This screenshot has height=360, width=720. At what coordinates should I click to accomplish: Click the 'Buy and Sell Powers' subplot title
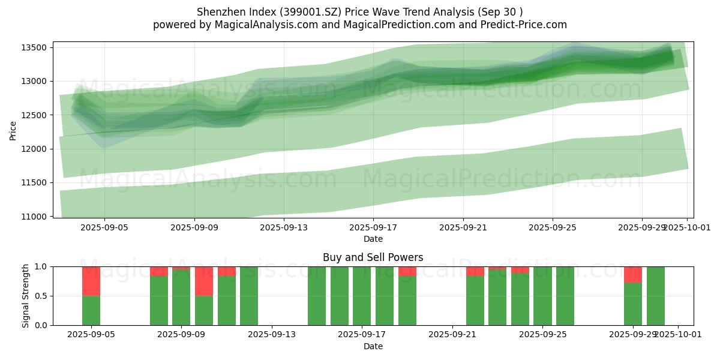[373, 257]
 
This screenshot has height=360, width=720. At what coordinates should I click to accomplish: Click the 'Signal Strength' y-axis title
[25, 296]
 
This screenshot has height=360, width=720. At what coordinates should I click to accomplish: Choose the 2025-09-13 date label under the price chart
[284, 228]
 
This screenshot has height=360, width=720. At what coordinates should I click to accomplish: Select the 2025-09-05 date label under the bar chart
[91, 335]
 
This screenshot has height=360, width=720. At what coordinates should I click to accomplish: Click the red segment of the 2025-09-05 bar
[91, 281]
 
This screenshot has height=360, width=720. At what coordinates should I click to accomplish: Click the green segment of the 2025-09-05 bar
[91, 310]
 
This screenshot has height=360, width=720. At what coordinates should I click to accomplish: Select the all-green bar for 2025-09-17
[362, 296]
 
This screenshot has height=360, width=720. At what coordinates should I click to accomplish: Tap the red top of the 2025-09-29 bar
[633, 274]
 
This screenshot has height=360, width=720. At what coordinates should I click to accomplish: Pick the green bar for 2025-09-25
[542, 296]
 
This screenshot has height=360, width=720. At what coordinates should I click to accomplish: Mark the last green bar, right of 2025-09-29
[656, 296]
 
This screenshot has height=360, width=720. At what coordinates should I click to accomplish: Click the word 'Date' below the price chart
[373, 239]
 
